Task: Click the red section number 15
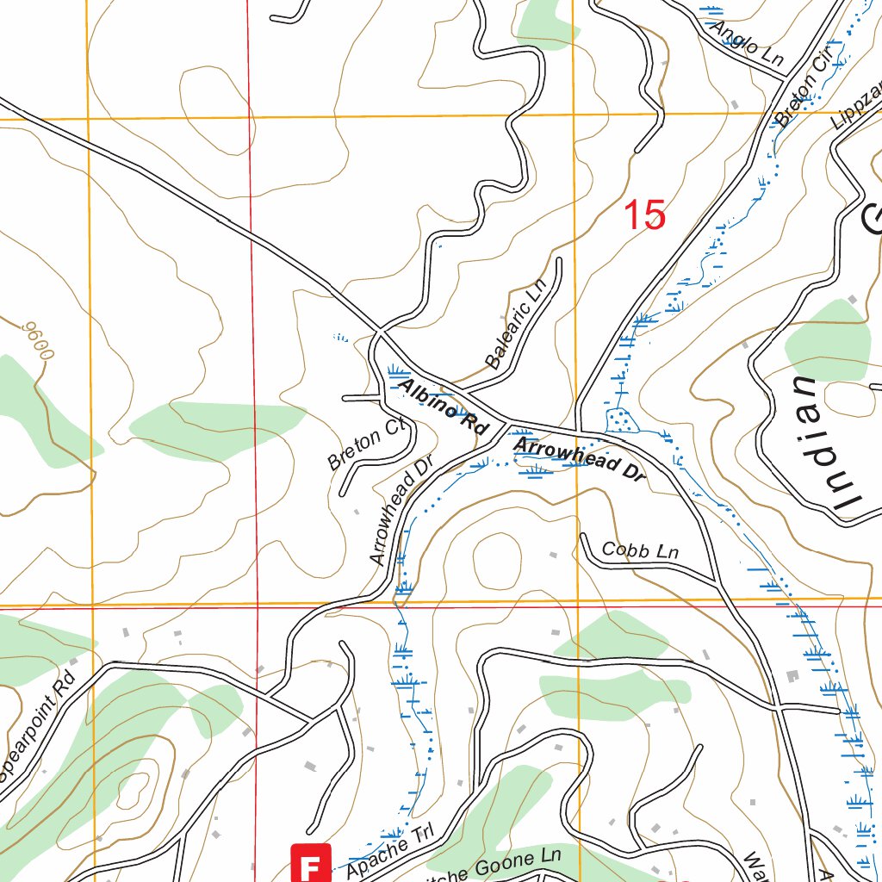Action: click(x=644, y=215)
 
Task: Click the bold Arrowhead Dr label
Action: click(x=578, y=457)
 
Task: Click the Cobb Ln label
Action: click(x=640, y=550)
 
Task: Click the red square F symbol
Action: click(x=312, y=862)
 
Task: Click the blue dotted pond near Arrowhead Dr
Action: click(x=619, y=420)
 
